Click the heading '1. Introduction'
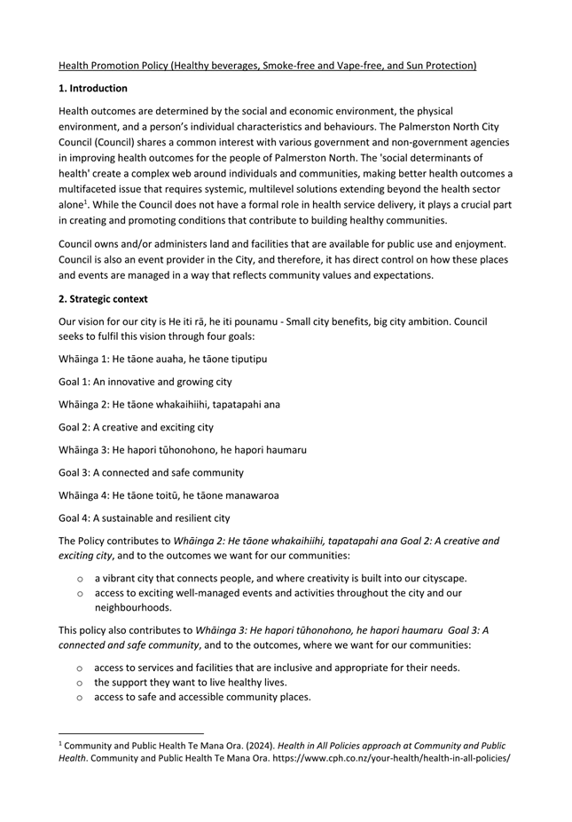tap(93, 89)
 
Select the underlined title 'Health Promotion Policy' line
tap(267, 66)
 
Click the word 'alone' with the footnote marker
tap(72, 205)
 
